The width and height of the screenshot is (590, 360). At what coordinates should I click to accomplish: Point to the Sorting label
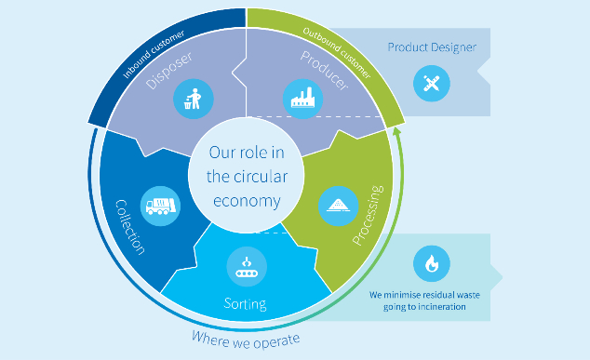(x=246, y=303)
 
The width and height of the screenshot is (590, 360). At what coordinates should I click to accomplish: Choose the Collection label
(x=129, y=226)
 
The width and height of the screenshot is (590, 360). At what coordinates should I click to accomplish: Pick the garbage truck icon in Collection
(x=158, y=205)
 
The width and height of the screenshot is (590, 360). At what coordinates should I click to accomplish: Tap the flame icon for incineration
(x=431, y=263)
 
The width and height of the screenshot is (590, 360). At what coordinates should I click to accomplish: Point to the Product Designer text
(x=432, y=47)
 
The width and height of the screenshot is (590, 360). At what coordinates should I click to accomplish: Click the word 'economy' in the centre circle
(x=246, y=197)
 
